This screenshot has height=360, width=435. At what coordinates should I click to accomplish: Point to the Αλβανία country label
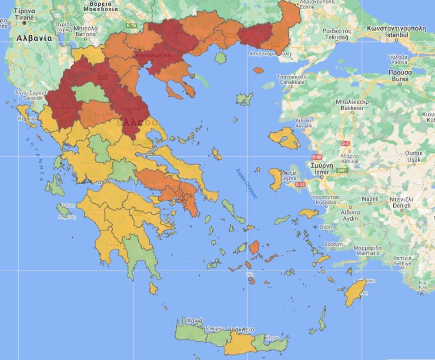pos(34,38)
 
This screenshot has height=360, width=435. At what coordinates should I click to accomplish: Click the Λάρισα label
pos(130,108)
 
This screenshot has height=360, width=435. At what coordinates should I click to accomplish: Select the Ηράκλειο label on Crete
pos(241,329)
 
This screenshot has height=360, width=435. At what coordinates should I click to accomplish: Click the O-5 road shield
pos(345,143)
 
